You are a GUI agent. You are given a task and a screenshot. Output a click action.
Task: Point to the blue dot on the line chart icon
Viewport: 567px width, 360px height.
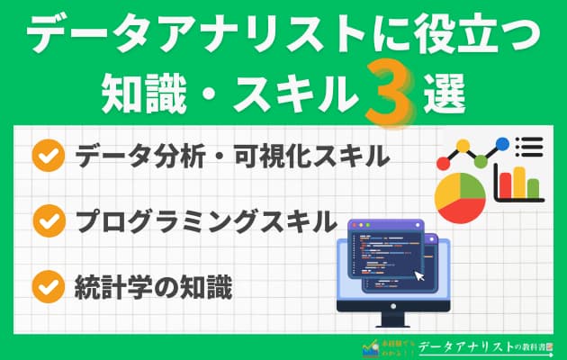501,143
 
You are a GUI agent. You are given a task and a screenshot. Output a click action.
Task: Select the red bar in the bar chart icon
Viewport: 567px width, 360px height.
506,184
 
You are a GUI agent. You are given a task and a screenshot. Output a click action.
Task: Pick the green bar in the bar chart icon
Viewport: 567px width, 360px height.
534,189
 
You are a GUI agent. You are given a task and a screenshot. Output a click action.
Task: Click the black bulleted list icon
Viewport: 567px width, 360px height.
529,147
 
